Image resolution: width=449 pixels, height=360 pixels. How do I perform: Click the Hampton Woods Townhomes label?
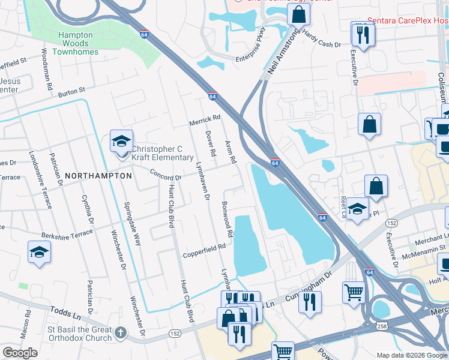pyautogui.click(x=76, y=44)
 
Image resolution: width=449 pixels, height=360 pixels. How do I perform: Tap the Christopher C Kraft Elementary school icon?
pyautogui.click(x=121, y=142)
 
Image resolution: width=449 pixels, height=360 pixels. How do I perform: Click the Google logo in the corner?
pyautogui.click(x=20, y=353)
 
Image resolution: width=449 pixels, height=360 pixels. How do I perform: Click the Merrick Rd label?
pyautogui.click(x=205, y=118)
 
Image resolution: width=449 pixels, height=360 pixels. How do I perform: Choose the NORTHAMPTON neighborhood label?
pyautogui.click(x=98, y=176)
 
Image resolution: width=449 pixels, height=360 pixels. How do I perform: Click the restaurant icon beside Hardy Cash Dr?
pyautogui.click(x=363, y=34)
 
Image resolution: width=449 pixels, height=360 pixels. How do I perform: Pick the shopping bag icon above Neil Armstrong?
pyautogui.click(x=298, y=14)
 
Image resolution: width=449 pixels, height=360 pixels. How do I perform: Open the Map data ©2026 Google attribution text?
pyautogui.click(x=412, y=355)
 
